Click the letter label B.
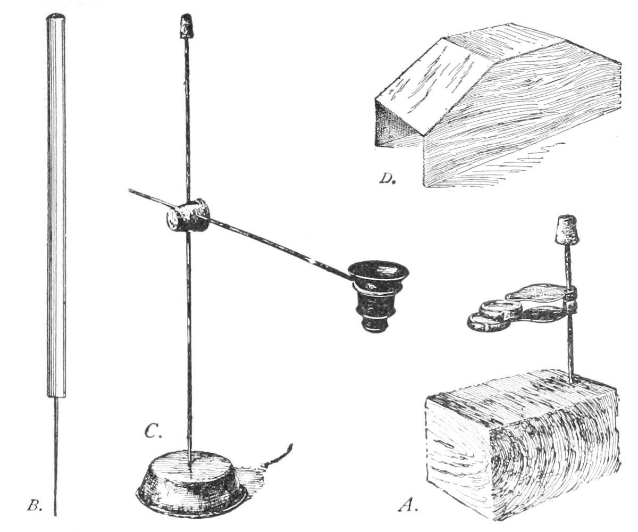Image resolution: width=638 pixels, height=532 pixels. (x=34, y=505)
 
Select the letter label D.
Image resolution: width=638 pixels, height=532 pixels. (x=387, y=178)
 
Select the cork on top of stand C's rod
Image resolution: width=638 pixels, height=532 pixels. (x=186, y=27)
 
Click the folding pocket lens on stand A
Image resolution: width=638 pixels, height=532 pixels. (x=516, y=309)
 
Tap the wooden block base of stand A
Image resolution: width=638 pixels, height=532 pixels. (x=521, y=447)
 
